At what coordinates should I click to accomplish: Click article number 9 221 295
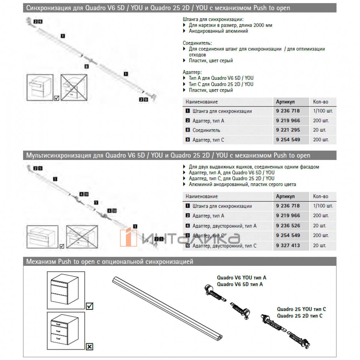tap(288, 130)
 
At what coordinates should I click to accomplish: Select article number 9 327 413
tap(288, 245)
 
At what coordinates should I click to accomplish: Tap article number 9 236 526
tap(288, 226)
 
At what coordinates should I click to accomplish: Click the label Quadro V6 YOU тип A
tap(241, 278)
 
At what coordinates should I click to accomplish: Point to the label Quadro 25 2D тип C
tap(300, 316)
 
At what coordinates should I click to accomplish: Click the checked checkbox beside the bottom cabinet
tap(89, 306)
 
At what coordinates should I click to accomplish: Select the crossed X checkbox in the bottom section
tap(89, 347)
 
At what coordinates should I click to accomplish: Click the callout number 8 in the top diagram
tap(86, 67)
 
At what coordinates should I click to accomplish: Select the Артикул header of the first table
tap(285, 102)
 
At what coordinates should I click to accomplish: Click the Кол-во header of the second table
tap(320, 196)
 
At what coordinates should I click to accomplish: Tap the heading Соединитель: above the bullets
tap(197, 43)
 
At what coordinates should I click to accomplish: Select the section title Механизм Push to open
tap(109, 262)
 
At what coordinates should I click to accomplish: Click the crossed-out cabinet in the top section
tap(74, 87)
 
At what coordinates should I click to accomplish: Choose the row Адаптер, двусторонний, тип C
tap(224, 246)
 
